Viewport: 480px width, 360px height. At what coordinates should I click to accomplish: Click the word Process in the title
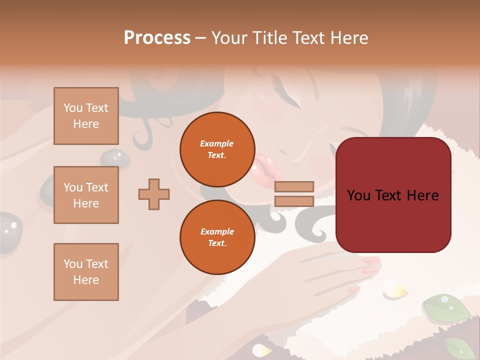tap(157, 37)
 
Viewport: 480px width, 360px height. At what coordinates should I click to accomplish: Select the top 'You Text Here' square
tap(86, 116)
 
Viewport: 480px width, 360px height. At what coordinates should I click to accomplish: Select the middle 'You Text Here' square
tap(86, 195)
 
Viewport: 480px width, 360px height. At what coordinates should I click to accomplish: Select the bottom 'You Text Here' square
tap(86, 272)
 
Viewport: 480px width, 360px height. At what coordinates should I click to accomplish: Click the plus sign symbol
tap(154, 194)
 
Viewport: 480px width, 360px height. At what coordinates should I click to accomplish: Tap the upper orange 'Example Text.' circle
tap(217, 149)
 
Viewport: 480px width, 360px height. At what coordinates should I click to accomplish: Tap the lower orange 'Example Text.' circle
tap(217, 237)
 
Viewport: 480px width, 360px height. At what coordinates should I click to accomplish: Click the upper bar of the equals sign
tap(294, 186)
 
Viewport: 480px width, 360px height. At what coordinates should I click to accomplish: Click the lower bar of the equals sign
tap(294, 201)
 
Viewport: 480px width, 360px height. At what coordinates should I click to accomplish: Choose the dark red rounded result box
tap(393, 195)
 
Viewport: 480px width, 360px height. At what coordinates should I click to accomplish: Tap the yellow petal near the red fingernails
tap(397, 290)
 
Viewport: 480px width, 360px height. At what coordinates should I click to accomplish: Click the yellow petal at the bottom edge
tap(261, 349)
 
